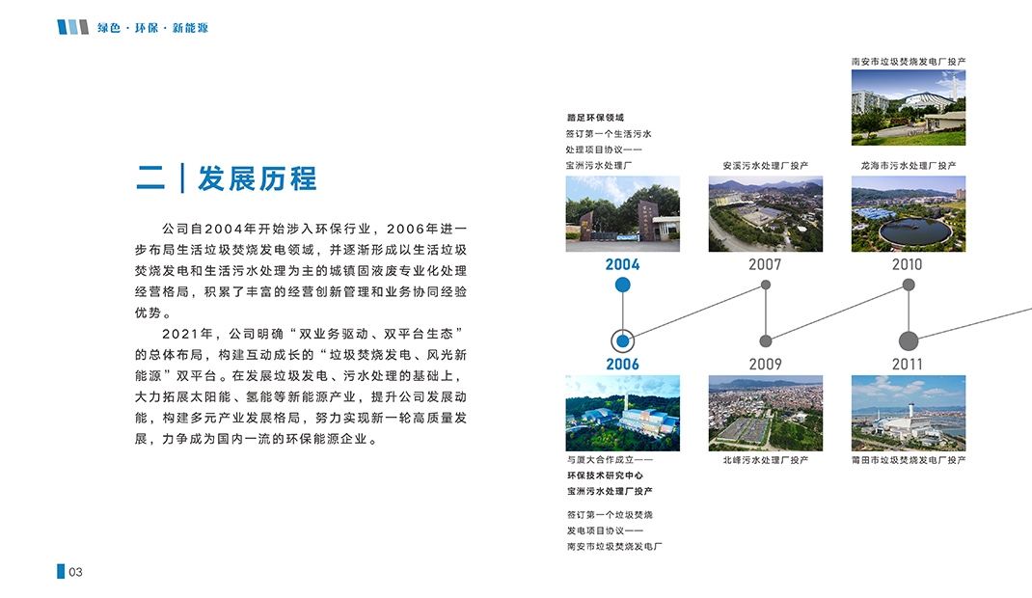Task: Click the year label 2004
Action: [x=622, y=264]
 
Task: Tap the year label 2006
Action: [x=622, y=364]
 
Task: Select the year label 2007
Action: [x=765, y=264]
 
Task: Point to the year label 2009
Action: [x=765, y=364]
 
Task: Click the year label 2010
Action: [x=907, y=264]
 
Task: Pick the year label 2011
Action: [x=907, y=364]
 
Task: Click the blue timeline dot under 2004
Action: [x=623, y=285]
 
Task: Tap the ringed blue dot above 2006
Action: [x=623, y=341]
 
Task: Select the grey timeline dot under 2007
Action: [x=766, y=285]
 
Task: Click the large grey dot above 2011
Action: [x=909, y=341]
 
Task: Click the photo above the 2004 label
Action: [x=623, y=214]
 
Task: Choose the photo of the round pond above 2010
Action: [x=909, y=214]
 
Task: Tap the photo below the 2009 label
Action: [x=766, y=413]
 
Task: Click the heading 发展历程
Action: [x=258, y=178]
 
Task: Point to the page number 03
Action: [x=75, y=572]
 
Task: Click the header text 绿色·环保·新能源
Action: [x=152, y=28]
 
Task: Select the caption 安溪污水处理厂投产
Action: [x=766, y=166]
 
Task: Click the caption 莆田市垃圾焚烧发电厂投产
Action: [x=909, y=460]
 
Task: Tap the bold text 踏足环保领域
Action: [x=596, y=118]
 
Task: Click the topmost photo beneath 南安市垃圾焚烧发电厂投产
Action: [x=909, y=107]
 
